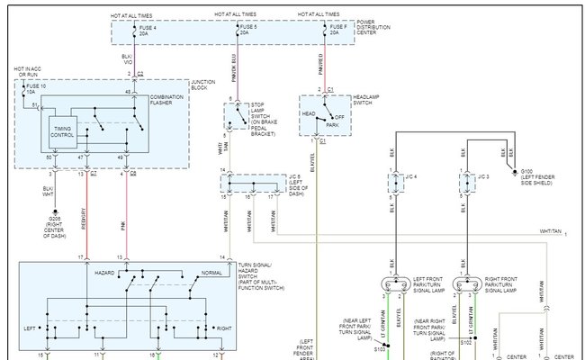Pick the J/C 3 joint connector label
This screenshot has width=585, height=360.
click(x=484, y=175)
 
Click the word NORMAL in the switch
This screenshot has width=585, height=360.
click(x=212, y=271)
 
